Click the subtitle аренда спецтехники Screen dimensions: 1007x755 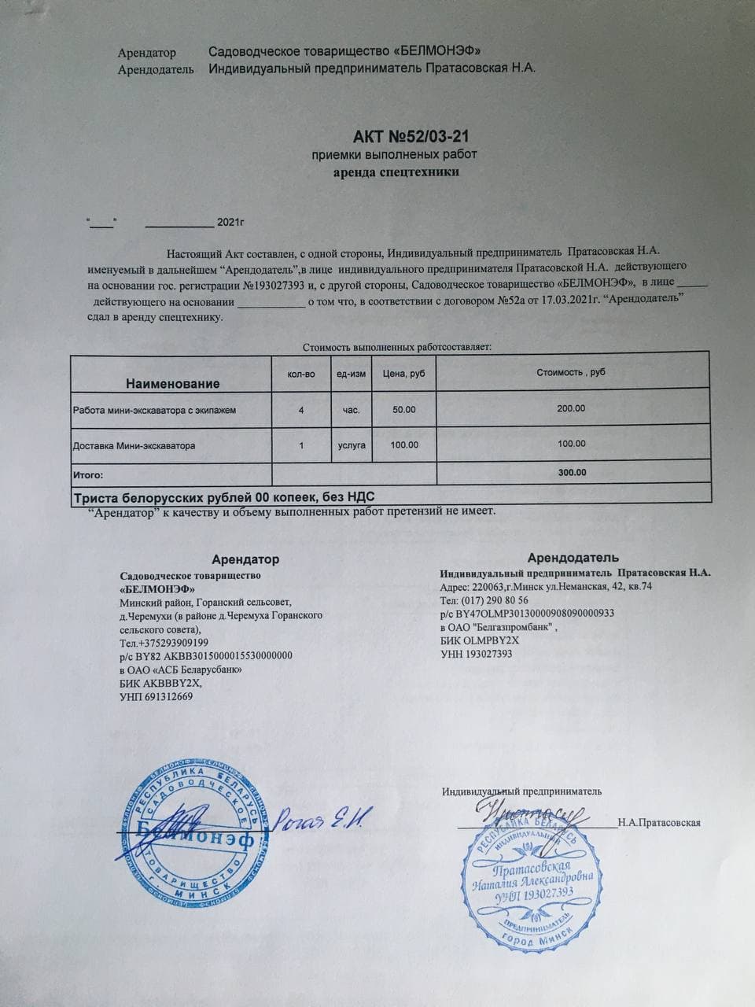(394, 171)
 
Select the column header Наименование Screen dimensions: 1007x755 (172, 384)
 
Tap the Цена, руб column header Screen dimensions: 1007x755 (403, 374)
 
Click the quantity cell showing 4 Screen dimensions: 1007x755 (301, 410)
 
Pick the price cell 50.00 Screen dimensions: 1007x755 (404, 410)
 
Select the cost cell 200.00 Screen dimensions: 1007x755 (571, 409)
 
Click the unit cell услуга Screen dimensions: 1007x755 (351, 445)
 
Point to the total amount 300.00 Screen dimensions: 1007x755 (571, 473)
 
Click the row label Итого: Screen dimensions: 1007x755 (88, 475)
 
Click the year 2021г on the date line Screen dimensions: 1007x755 (231, 223)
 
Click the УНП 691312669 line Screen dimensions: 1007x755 (156, 696)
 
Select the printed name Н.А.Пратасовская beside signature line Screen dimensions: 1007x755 (659, 823)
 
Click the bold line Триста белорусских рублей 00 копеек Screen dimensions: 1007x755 (223, 497)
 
